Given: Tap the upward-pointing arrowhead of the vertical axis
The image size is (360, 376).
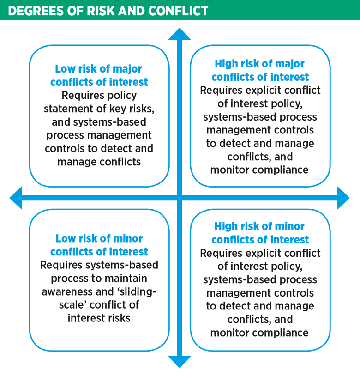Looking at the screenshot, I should click(x=180, y=35).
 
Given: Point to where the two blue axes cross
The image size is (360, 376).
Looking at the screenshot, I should click(x=180, y=197).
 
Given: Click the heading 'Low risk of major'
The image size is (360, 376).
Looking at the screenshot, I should click(x=98, y=69).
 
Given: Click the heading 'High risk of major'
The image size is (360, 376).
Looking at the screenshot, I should click(x=260, y=64).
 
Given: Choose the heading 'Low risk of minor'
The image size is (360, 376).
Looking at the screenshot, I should click(x=99, y=238).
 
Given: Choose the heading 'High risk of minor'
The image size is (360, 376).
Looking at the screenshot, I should click(x=259, y=227).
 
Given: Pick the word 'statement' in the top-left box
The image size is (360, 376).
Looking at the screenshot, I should click(x=66, y=109).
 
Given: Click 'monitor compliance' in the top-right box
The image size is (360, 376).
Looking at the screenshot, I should click(x=259, y=170).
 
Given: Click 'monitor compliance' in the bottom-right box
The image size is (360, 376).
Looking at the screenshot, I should click(x=259, y=333).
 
